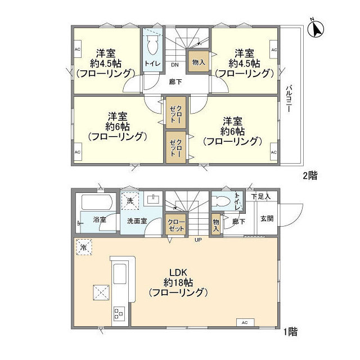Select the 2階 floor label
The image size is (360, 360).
pyautogui.click(x=309, y=175)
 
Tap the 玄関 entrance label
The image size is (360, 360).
pyautogui.click(x=267, y=219)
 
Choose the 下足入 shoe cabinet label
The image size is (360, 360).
pyautogui.click(x=261, y=196)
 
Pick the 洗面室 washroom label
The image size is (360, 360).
pyautogui.click(x=137, y=221)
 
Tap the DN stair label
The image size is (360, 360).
pyautogui.click(x=175, y=64)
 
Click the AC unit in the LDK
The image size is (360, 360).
pyautogui.click(x=244, y=322)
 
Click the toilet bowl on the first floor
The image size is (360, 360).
pyautogui.click(x=223, y=200)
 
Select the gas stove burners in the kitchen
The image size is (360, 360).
pyautogui.click(x=119, y=313)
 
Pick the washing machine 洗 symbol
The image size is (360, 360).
pyautogui.click(x=130, y=200)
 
